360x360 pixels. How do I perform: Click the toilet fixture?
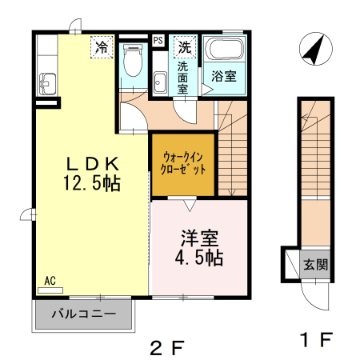pos(133,60)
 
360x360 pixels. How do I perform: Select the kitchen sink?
pos(47,84)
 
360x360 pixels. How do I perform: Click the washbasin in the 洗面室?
pos(161,82)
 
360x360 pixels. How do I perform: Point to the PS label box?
pos(158,41)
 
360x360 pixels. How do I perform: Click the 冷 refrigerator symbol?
pos(102,47)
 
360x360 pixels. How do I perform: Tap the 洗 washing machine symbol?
pos(185,47)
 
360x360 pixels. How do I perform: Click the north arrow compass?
pos(316,49)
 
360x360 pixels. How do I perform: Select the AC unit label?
pos(50,281)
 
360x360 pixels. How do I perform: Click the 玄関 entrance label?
pos(315,265)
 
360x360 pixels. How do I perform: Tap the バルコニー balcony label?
pos(84,314)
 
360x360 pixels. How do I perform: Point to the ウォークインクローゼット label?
pos(183,163)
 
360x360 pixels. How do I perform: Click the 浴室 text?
pos(224,76)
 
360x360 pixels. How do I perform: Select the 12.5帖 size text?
pos(92,183)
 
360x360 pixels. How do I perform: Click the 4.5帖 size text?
pos(199,258)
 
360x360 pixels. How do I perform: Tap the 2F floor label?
pos(167,348)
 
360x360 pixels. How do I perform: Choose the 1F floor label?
pos(317,339)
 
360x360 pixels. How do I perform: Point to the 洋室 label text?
pos(199,238)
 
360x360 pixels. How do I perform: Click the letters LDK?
pos(92,164)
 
